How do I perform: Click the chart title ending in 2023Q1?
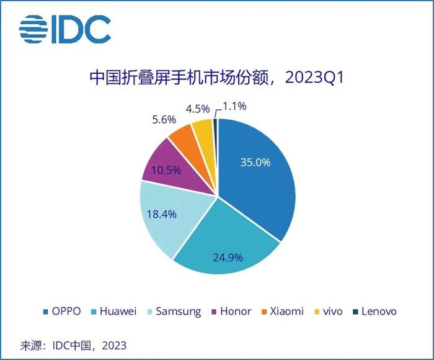pyautogui.click(x=216, y=79)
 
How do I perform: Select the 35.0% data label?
pyautogui.click(x=255, y=163)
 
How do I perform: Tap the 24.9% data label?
pyautogui.click(x=228, y=256)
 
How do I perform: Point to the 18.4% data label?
pyautogui.click(x=161, y=214)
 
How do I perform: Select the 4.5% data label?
pyautogui.click(x=197, y=109)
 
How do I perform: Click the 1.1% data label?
pyautogui.click(x=234, y=106)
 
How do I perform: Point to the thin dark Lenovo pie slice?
pyautogui.click(x=215, y=127)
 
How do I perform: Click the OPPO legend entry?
pyautogui.click(x=61, y=311)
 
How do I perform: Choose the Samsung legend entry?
pyautogui.click(x=173, y=311)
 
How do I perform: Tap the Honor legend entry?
pyautogui.click(x=230, y=311)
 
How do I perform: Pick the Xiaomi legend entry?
pyautogui.click(x=281, y=311)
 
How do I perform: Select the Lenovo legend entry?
pyautogui.click(x=374, y=311)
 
